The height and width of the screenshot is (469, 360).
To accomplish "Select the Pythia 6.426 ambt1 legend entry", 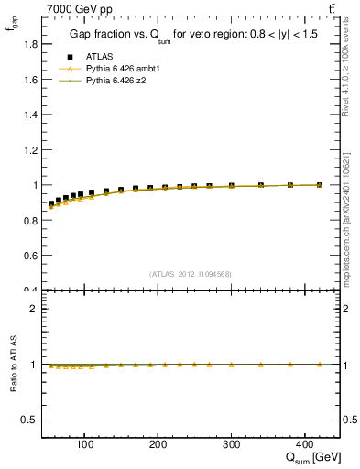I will [x=115, y=69].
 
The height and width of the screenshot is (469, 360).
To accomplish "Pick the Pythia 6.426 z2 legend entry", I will [x=110, y=82].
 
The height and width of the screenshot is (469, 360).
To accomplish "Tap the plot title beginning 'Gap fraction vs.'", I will [x=190, y=35].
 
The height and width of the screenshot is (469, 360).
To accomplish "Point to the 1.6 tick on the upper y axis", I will [x=30, y=80].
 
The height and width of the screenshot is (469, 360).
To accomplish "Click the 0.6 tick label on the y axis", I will [x=30, y=256].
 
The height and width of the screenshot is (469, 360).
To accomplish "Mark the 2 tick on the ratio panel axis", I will [x=34, y=309].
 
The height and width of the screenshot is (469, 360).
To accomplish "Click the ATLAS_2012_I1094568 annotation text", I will [x=189, y=274].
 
